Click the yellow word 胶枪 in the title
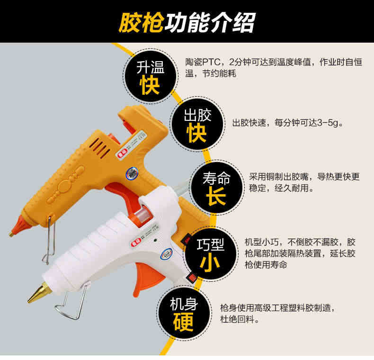click(x=141, y=22)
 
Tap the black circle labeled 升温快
click(x=150, y=76)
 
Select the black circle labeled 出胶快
click(x=197, y=124)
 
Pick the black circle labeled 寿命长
click(x=216, y=188)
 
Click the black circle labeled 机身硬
click(x=184, y=313)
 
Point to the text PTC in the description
click(x=211, y=63)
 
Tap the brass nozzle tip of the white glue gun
click(x=40, y=292)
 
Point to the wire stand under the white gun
click(x=71, y=303)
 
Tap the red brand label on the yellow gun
click(x=122, y=153)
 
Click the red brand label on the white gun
click(x=136, y=243)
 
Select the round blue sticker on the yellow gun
click(x=132, y=173)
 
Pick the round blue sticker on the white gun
click(x=167, y=254)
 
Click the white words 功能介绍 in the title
click(x=210, y=22)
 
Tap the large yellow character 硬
click(x=183, y=322)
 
